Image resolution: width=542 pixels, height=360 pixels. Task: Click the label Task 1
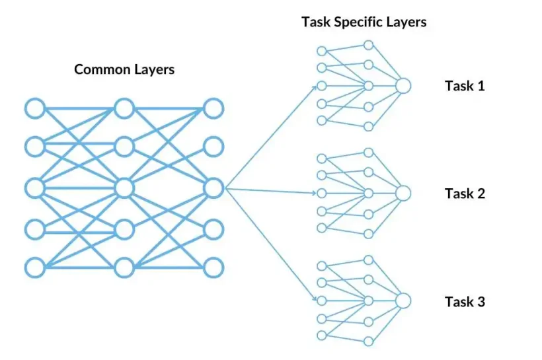(465, 86)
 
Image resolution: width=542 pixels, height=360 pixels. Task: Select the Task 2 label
(465, 194)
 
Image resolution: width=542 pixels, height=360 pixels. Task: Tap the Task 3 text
(465, 302)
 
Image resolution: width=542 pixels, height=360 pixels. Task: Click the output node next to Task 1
(403, 86)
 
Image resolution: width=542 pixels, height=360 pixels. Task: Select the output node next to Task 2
(403, 193)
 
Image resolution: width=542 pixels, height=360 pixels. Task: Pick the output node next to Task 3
(403, 301)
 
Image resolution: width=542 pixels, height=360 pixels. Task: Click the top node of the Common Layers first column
(34, 108)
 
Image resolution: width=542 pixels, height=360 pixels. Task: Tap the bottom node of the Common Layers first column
(34, 268)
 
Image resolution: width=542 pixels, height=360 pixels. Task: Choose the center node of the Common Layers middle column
(124, 188)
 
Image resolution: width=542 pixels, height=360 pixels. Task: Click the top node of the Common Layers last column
(213, 108)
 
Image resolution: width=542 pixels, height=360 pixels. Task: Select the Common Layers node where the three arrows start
(213, 188)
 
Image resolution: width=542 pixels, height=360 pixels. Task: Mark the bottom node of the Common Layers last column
(213, 268)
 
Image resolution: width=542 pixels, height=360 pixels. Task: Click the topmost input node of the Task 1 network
(322, 51)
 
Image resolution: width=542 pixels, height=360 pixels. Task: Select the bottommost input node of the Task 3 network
(322, 336)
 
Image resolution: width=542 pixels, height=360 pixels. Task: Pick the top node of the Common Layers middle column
(124, 108)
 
